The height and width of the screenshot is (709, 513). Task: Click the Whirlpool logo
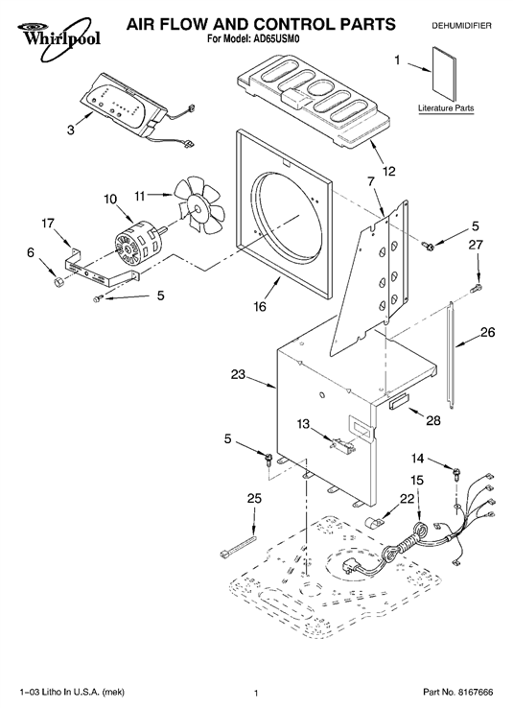[x=58, y=38]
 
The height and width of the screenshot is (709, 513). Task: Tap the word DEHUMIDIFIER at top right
[x=461, y=26]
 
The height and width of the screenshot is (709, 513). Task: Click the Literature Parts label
[x=446, y=108]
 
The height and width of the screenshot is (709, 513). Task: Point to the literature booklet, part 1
[x=444, y=74]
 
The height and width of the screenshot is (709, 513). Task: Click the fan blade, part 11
[x=199, y=205]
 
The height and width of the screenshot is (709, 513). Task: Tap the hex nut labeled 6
[x=58, y=283]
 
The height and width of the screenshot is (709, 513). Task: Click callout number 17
[x=48, y=223]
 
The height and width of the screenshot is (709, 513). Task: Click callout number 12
[x=388, y=172]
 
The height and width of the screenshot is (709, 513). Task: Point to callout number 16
[x=260, y=306]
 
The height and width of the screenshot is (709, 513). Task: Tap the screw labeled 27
[x=477, y=288]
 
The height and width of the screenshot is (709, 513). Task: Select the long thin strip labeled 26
[x=452, y=355]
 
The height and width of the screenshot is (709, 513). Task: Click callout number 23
[x=238, y=374]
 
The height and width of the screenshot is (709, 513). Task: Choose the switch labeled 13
[x=343, y=445]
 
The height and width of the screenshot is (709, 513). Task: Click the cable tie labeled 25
[x=237, y=545]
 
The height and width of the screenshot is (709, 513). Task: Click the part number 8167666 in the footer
[x=476, y=693]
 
